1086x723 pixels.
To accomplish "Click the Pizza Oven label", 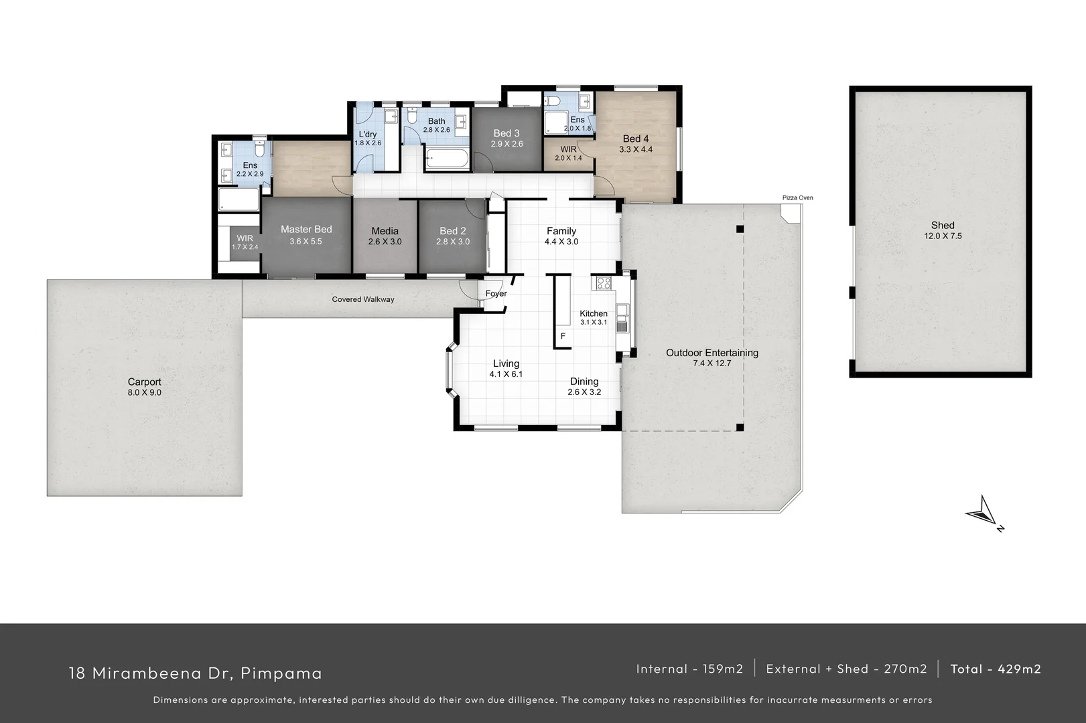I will [x=797, y=198].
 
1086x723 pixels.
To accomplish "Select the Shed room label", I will [x=942, y=226].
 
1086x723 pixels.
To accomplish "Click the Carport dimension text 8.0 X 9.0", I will [x=145, y=393].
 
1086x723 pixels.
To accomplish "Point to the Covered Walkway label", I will [x=363, y=299].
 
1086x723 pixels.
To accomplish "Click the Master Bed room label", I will [x=306, y=230].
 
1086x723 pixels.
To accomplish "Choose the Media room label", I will [x=385, y=231].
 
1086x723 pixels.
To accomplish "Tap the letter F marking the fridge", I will [x=563, y=336].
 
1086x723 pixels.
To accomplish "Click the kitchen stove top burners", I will [x=603, y=283].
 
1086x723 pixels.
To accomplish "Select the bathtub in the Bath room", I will [x=447, y=160].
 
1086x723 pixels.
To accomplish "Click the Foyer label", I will [x=496, y=294].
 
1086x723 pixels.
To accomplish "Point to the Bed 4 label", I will [x=636, y=139].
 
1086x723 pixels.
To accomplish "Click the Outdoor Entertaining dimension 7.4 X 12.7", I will [x=712, y=364].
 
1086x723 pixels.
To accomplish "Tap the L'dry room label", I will [x=368, y=135].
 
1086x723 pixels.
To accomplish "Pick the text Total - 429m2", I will [x=996, y=669].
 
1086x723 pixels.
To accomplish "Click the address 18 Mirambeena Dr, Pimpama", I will [x=196, y=673].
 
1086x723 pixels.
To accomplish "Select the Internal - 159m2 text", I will [x=689, y=669].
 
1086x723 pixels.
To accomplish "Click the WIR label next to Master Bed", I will [x=245, y=238].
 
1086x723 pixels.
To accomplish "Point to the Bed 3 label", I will [x=506, y=133].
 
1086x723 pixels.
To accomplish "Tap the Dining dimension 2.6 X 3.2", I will [x=584, y=392].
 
